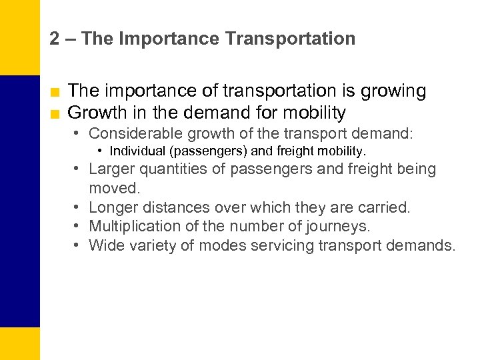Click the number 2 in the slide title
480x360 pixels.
[54, 39]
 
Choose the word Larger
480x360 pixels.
[112, 169]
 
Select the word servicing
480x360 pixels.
[281, 245]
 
